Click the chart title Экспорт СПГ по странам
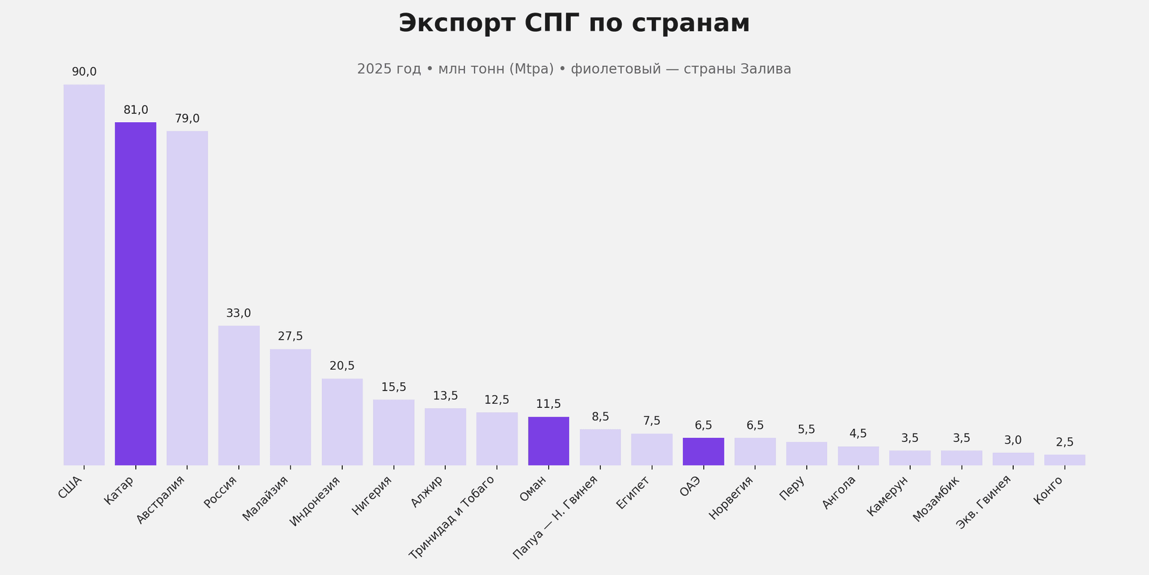tap(574, 24)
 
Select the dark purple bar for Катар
tap(135, 293)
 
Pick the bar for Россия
tap(239, 395)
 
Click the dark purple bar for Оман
tap(548, 441)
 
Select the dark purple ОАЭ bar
tap(703, 452)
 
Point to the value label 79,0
tap(187, 119)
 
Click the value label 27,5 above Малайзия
tap(290, 337)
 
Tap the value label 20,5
tap(342, 366)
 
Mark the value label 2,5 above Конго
tap(1065, 443)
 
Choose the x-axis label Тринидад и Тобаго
tap(452, 517)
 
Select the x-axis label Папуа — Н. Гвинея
tap(556, 517)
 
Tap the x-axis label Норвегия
tap(731, 497)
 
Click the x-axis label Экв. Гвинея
tap(984, 502)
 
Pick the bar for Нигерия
tap(393, 432)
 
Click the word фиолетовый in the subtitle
tap(616, 69)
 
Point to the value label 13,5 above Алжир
tap(445, 396)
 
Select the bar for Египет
tap(652, 449)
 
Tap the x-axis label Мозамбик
tap(937, 498)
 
